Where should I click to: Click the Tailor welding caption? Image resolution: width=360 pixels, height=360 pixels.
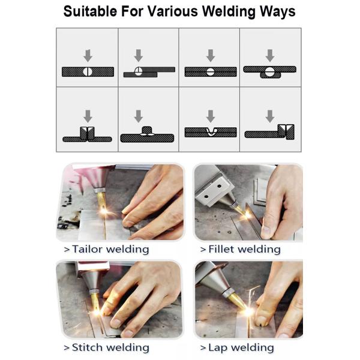(x=106, y=248)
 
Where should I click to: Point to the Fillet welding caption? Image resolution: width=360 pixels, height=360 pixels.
(x=240, y=248)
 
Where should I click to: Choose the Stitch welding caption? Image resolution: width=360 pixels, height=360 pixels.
(x=106, y=347)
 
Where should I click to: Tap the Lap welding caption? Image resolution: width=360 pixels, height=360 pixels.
(x=237, y=347)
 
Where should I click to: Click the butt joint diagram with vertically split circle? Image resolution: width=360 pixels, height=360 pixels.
(x=88, y=71)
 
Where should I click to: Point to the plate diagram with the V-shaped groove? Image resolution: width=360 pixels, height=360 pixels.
(x=210, y=132)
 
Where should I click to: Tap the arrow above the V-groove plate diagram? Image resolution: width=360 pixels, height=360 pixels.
(x=210, y=116)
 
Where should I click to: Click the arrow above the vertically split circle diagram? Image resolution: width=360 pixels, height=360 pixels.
(x=88, y=55)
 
